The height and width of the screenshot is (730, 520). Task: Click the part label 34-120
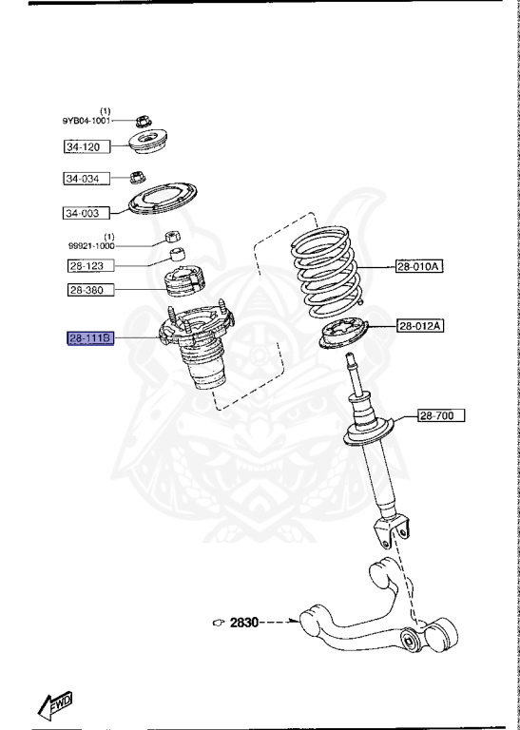pos(84,147)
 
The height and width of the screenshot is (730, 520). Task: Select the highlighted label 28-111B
pos(89,338)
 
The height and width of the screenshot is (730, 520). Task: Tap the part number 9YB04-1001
pos(87,121)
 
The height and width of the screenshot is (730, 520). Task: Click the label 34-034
pos(84,179)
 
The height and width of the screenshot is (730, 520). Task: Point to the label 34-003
pos(84,213)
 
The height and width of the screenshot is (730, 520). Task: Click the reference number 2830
pos(244,624)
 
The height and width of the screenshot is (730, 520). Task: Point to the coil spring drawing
pos(327,270)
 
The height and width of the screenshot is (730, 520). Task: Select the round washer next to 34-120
pos(148,145)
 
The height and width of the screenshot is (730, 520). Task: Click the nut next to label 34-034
pos(136,177)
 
